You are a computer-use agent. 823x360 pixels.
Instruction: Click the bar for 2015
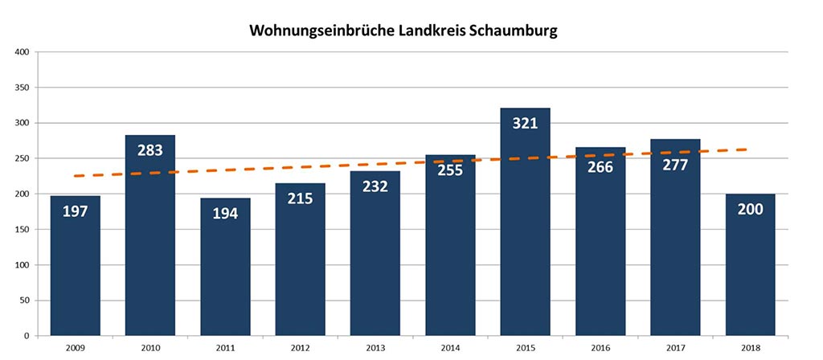pos(525,233)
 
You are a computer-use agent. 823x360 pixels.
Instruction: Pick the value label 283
pos(150,149)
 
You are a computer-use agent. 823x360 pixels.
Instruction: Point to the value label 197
pos(75,211)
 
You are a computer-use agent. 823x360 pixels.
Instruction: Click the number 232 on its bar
pos(375,186)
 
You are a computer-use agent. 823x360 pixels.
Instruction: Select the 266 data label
pos(600,167)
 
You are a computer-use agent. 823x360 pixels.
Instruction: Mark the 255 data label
pos(450,170)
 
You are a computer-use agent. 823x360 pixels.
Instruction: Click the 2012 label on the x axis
pos(300,348)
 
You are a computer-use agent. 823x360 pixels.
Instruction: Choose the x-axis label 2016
pos(600,348)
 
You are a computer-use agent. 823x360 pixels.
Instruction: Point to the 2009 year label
pos(75,348)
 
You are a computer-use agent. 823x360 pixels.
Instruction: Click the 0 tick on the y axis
pos(26,336)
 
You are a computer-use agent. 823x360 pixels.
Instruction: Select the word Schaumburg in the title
pos(511,31)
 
